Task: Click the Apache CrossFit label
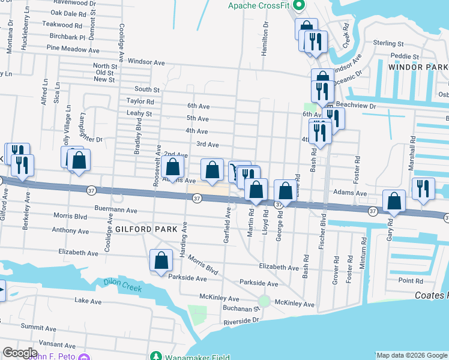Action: (262, 6)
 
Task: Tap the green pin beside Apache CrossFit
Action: (303, 6)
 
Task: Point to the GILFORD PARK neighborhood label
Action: (147, 229)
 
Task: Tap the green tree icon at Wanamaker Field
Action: (156, 356)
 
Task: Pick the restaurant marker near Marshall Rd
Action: (423, 190)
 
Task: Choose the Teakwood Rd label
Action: (62, 25)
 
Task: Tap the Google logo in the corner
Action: (20, 353)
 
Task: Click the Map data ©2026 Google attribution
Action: (412, 355)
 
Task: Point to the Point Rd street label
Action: (411, 281)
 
